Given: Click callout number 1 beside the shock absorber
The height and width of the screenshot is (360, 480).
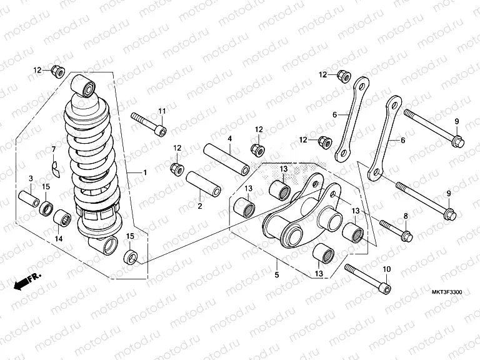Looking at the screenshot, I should (144, 172).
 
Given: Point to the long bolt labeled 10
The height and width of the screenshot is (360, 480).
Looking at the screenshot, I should (367, 278).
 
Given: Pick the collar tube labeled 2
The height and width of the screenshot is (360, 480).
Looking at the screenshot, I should (203, 182).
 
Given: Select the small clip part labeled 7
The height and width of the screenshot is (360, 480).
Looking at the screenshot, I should (55, 168).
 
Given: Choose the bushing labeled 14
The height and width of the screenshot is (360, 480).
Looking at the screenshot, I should (62, 219).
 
